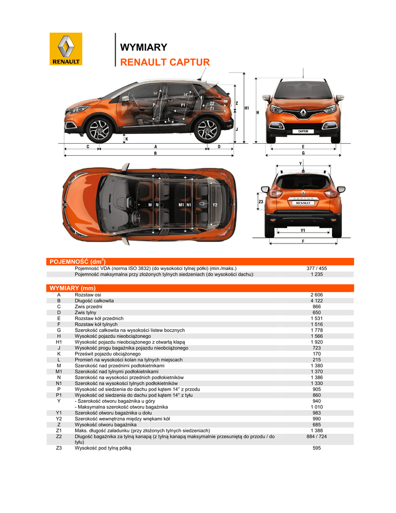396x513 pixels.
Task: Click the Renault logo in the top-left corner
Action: [x=66, y=49]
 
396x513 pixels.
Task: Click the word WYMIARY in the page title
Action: [x=144, y=48]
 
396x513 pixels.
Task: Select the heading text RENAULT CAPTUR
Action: [x=165, y=62]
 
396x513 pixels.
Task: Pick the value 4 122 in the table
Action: [x=316, y=301]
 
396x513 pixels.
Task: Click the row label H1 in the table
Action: [x=59, y=342]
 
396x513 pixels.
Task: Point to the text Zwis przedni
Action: [x=89, y=307]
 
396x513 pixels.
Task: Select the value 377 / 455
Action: [x=316, y=269]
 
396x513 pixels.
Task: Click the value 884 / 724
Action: [x=316, y=436]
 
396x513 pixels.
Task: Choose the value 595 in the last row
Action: [x=316, y=448]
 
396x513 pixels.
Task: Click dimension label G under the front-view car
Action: [x=303, y=152]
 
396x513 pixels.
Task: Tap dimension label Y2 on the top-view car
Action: [x=214, y=205]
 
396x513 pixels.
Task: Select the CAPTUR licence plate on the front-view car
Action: [x=303, y=131]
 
